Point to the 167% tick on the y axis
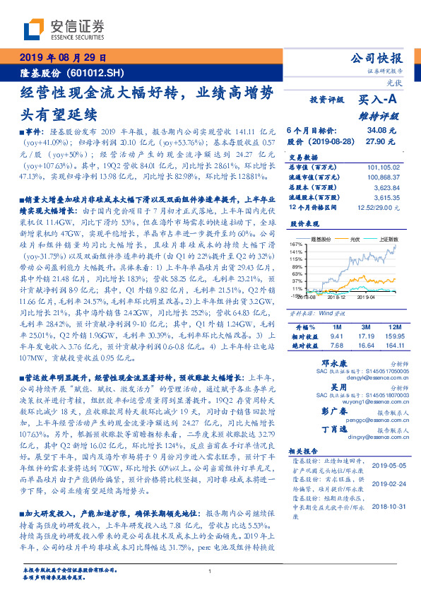click(x=296, y=244)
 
